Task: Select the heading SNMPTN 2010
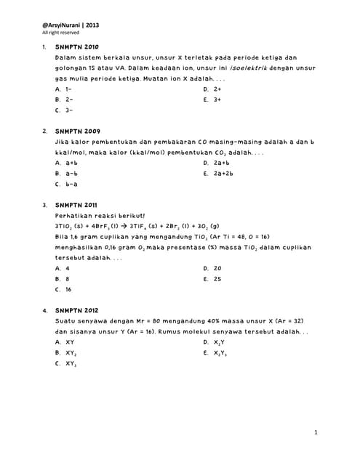pyautogui.click(x=77, y=46)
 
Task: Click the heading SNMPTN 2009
pyautogui.click(x=77, y=132)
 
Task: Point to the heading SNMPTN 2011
pyautogui.click(x=76, y=206)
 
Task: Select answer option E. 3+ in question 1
pyautogui.click(x=212, y=100)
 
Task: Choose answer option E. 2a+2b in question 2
pyautogui.click(x=218, y=174)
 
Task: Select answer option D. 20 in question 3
pyautogui.click(x=212, y=268)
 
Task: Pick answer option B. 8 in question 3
pyautogui.click(x=63, y=278)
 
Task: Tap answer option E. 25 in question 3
pyautogui.click(x=212, y=278)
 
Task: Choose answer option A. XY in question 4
pyautogui.click(x=65, y=341)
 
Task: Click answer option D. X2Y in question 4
pyautogui.click(x=215, y=342)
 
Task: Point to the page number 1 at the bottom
pyautogui.click(x=316, y=433)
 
